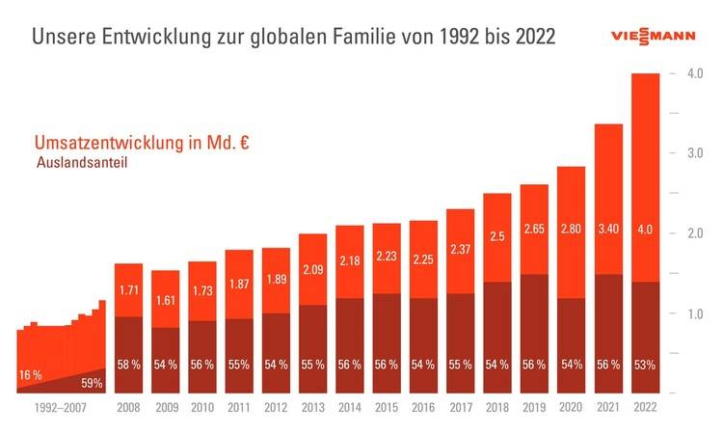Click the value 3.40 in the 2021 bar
pyautogui.click(x=608, y=230)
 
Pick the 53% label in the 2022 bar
pyautogui.click(x=645, y=365)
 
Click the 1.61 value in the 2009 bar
pyautogui.click(x=165, y=301)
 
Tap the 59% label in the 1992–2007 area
pyautogui.click(x=92, y=384)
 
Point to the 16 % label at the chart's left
pyautogui.click(x=31, y=374)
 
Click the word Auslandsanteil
pyautogui.click(x=82, y=163)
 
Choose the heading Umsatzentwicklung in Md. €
pyautogui.click(x=141, y=144)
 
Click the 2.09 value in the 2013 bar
pyautogui.click(x=312, y=273)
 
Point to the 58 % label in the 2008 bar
pyautogui.click(x=128, y=365)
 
